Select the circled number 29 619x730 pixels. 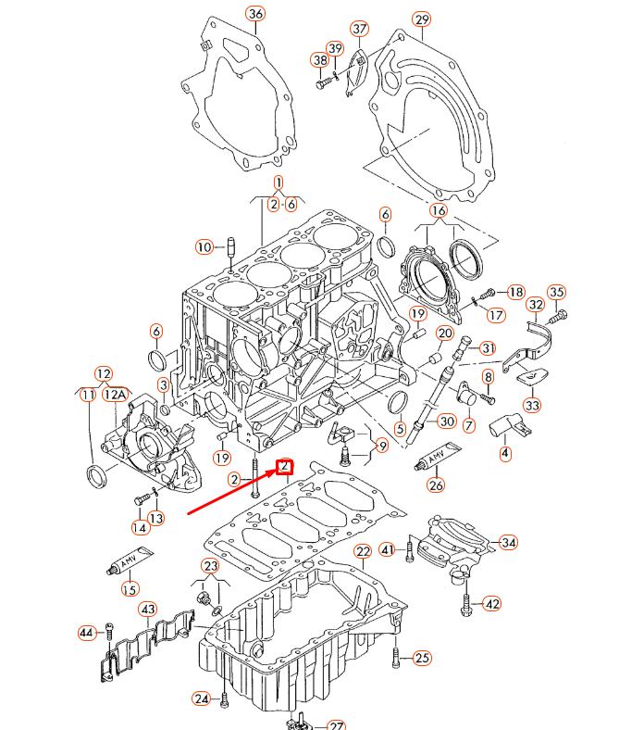(x=422, y=19)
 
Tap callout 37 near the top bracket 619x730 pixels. (x=359, y=29)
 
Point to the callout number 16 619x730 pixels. (x=438, y=211)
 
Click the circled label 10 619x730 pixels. (x=204, y=246)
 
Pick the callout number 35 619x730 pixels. (x=556, y=293)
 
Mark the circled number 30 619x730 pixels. (x=446, y=421)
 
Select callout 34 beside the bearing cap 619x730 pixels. (x=509, y=542)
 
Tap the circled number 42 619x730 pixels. (x=491, y=604)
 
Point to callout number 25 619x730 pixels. (x=422, y=659)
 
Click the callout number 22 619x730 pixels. (x=363, y=552)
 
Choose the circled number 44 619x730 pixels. (x=87, y=633)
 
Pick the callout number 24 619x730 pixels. (x=203, y=698)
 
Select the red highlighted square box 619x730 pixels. (x=285, y=466)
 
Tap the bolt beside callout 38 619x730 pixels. (x=323, y=83)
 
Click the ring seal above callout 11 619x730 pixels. (x=95, y=476)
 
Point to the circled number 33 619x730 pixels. (x=534, y=405)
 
